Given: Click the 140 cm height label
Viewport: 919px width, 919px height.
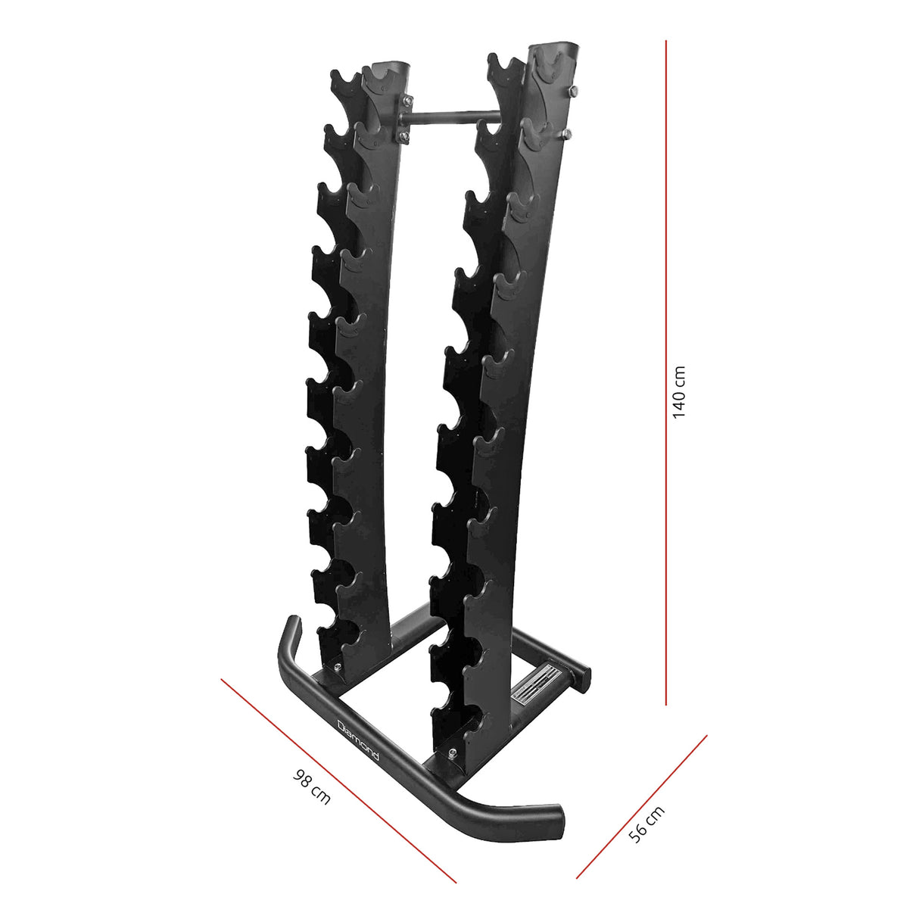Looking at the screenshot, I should pos(679,392).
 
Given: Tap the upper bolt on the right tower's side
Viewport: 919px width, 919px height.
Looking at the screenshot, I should pos(572,93).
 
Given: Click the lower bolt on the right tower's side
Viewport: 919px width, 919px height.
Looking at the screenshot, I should pos(568,134).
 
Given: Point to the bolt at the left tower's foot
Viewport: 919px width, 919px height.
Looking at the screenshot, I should pos(337,667).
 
